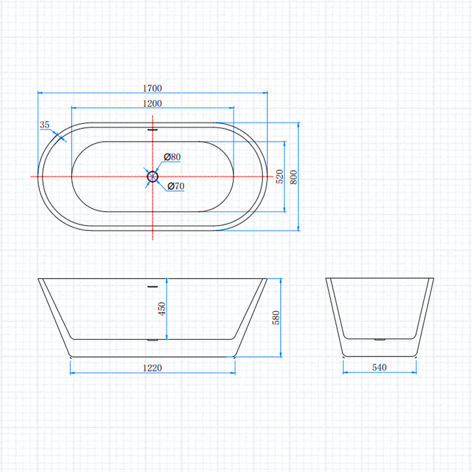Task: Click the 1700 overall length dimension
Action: click(x=152, y=88)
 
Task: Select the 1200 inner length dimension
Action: click(x=152, y=103)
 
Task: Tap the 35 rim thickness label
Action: click(x=44, y=125)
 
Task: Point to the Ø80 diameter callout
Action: click(x=172, y=157)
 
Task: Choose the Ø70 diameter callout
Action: click(x=176, y=186)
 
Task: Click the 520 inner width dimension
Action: click(x=279, y=177)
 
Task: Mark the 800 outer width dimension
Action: click(x=294, y=177)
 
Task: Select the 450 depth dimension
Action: click(x=162, y=309)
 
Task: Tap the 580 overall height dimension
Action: click(x=276, y=318)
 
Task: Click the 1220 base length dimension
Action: click(x=152, y=368)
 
